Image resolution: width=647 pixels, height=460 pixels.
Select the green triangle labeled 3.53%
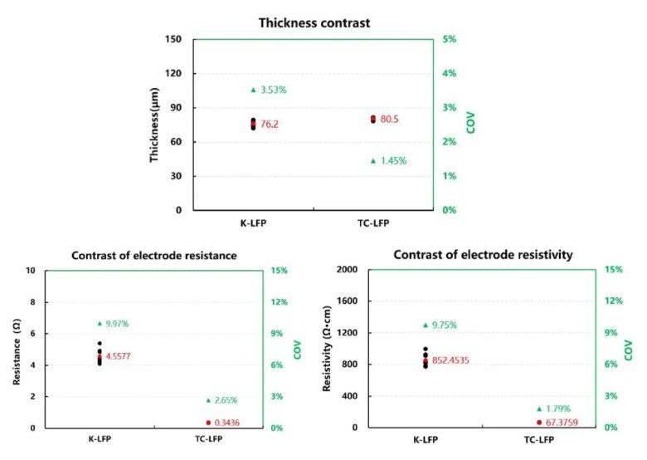click(253, 90)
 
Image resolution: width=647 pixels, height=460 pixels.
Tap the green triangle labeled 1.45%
click(373, 160)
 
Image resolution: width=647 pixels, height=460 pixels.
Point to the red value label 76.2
click(269, 125)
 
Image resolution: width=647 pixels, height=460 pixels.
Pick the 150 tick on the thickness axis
click(173, 39)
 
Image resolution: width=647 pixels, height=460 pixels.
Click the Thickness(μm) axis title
click(155, 124)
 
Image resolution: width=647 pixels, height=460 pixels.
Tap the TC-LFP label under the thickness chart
click(373, 224)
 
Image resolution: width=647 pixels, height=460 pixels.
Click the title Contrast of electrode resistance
click(155, 256)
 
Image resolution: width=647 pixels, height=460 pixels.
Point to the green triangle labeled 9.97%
click(100, 323)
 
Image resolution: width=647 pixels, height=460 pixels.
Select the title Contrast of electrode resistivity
click(483, 255)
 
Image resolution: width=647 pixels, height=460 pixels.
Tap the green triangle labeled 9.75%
click(426, 325)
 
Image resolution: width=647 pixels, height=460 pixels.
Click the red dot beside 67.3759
click(538, 422)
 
